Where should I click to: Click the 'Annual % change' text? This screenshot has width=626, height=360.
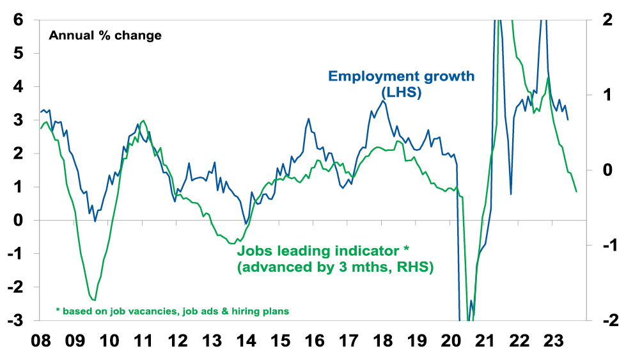[105, 35]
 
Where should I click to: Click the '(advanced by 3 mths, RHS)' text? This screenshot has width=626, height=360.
[335, 268]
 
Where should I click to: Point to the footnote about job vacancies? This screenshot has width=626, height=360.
[172, 311]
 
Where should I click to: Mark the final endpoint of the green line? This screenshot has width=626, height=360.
[577, 192]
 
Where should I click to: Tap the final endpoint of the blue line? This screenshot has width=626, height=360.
[568, 120]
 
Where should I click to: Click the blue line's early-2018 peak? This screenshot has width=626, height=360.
[382, 100]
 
